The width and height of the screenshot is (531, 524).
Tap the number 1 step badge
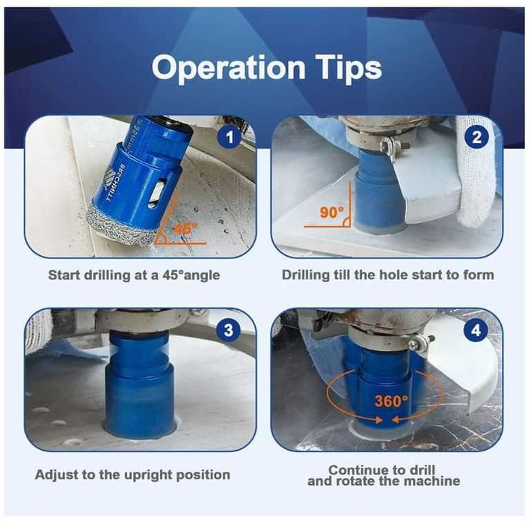pos(230,137)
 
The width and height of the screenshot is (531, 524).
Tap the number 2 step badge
pos(476,137)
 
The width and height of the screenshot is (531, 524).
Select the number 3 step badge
pos(229,330)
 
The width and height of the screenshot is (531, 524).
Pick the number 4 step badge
pos(476,330)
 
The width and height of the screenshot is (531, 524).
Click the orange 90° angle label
pos(332,213)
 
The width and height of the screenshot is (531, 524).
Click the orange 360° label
pos(391,401)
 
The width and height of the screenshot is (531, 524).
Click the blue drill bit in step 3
pos(140,384)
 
